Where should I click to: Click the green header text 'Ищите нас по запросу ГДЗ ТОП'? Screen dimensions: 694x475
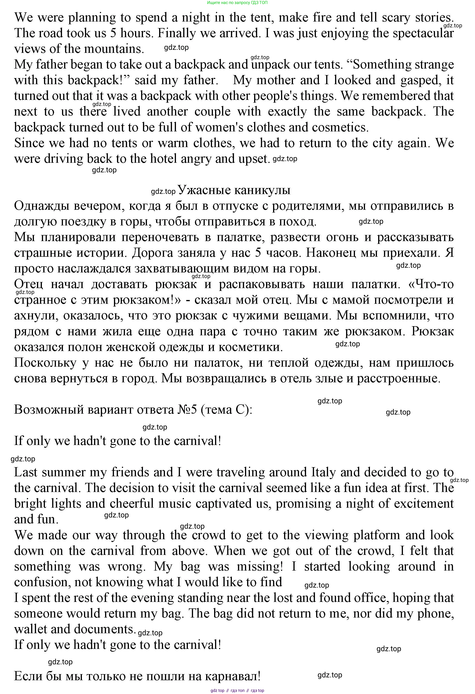pos(237,3)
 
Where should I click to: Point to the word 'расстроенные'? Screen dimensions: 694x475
pos(398,379)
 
